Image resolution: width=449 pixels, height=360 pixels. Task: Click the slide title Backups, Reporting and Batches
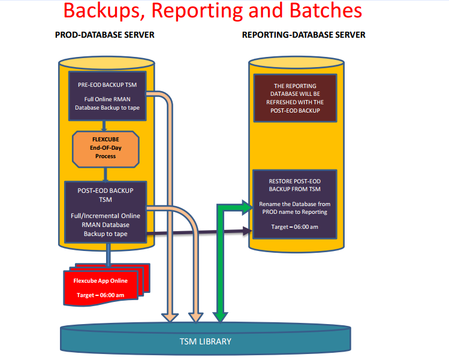(212, 11)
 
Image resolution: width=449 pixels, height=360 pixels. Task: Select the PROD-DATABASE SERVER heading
(105, 35)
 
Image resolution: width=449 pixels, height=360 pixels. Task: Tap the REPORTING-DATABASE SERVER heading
(303, 35)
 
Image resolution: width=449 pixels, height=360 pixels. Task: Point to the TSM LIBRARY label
(206, 341)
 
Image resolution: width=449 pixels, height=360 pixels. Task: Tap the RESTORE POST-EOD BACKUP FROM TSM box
(295, 204)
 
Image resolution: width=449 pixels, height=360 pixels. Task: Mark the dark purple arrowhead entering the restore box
(248, 231)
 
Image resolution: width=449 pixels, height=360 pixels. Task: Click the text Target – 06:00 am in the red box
(100, 295)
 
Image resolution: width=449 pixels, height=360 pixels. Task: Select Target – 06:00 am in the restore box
(295, 227)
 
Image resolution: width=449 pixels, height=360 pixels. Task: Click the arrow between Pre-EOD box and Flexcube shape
(106, 125)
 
